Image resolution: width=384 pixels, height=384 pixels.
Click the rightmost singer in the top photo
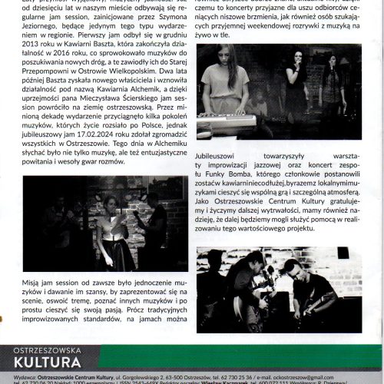tap(333, 88)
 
